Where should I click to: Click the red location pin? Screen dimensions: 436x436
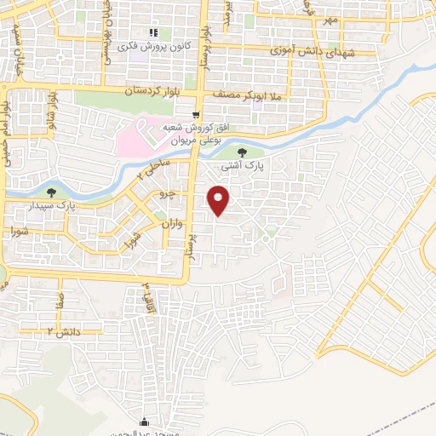coord(220,201)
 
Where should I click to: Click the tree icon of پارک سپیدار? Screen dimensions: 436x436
coord(54,192)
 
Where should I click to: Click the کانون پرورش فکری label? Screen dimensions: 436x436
coord(153,47)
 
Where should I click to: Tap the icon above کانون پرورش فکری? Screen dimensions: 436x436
coord(153,33)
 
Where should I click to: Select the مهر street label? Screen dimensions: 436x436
coord(330,19)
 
